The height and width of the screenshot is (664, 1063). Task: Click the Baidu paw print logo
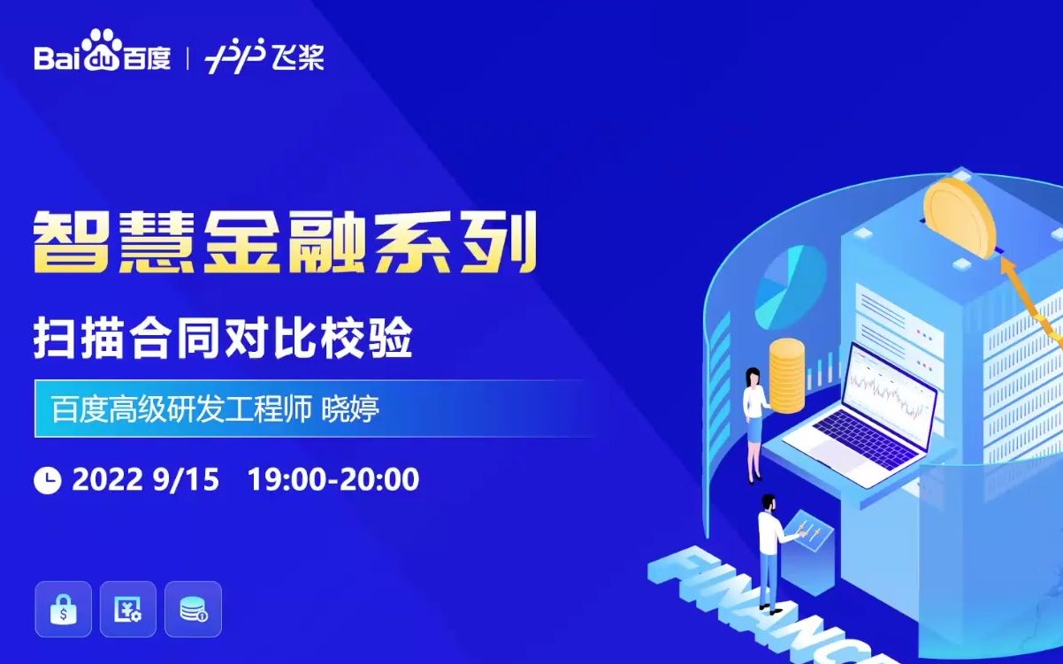pyautogui.click(x=101, y=50)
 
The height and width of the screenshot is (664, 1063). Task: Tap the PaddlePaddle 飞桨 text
pyautogui.click(x=299, y=57)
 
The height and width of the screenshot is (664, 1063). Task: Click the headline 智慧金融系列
pyautogui.click(x=286, y=243)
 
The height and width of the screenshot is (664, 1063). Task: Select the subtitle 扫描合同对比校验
pyautogui.click(x=223, y=338)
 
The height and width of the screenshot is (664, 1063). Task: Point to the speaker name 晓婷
pyautogui.click(x=351, y=408)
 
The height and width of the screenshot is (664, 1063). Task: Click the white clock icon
pyautogui.click(x=48, y=480)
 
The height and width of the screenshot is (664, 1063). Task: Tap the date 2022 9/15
pyautogui.click(x=145, y=479)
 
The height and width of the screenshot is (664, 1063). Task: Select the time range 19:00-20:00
pyautogui.click(x=333, y=479)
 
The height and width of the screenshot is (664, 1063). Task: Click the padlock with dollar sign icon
pyautogui.click(x=63, y=609)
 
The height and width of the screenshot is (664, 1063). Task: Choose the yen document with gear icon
pyautogui.click(x=128, y=609)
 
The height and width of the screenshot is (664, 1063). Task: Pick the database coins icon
pyautogui.click(x=193, y=609)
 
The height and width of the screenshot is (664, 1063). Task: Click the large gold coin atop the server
pyautogui.click(x=959, y=218)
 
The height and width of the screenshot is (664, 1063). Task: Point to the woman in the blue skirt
pyautogui.click(x=754, y=425)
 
